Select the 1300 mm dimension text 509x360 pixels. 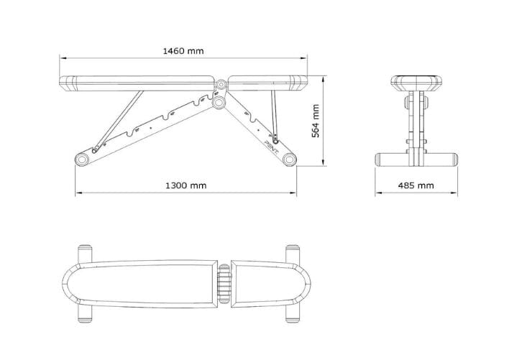coord(185,185)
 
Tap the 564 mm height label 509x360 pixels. coord(315,121)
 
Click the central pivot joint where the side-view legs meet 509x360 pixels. coord(218,102)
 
